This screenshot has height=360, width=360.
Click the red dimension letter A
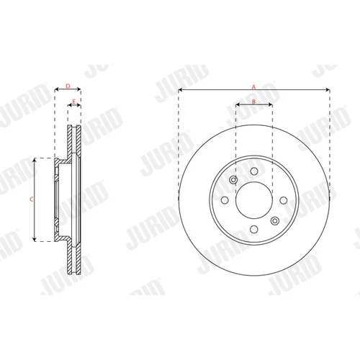(x=253, y=87)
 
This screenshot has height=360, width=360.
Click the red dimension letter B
(x=254, y=102)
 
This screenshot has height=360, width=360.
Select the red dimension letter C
(x=31, y=199)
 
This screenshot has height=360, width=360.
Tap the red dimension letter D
(x=68, y=86)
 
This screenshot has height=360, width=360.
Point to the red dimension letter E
(x=74, y=102)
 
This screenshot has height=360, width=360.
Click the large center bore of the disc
(x=254, y=200)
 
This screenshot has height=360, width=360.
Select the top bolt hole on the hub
(x=254, y=171)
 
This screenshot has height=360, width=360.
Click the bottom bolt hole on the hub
(x=254, y=229)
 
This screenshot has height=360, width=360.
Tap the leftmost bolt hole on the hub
(x=225, y=200)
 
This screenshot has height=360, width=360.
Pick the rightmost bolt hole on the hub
(x=284, y=200)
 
